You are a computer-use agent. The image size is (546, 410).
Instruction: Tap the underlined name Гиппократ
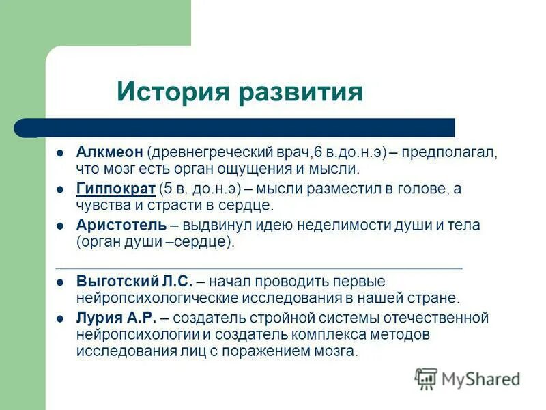(x=115, y=189)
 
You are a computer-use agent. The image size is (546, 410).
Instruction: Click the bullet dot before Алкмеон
(x=60, y=152)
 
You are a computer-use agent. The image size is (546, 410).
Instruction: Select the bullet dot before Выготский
(x=60, y=282)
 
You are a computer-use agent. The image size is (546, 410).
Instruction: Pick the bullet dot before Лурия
(x=60, y=318)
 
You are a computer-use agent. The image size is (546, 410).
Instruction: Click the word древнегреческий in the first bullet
(x=212, y=152)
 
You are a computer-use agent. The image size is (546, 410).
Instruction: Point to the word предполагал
(x=449, y=152)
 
